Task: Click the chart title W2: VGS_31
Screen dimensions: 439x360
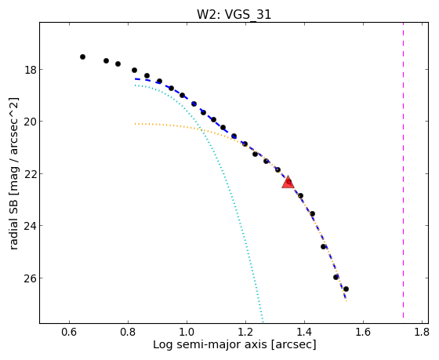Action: pos(234,14)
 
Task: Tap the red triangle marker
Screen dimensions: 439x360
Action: pos(288,182)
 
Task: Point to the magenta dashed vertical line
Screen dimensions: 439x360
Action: pos(403,170)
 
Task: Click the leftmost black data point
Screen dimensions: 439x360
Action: pos(82,57)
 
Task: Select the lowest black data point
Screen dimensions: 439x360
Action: pos(346,289)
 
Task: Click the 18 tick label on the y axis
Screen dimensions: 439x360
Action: pos(31,70)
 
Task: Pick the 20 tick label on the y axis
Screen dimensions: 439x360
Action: pos(31,122)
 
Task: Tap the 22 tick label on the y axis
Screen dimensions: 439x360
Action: pos(31,174)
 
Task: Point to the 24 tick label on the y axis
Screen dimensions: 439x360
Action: pos(31,226)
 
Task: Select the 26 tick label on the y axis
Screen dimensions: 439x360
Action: pos(31,278)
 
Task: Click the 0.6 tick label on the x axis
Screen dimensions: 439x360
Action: pos(69,333)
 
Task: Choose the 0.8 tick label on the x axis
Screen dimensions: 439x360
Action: pos(128,333)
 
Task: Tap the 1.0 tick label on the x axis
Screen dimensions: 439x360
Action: pos(187,333)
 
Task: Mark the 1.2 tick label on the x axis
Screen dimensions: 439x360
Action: pos(245,333)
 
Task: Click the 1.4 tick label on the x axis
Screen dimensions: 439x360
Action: pos(304,333)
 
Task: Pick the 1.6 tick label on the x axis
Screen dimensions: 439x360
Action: pos(363,333)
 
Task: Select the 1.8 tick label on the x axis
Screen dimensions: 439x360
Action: pos(422,333)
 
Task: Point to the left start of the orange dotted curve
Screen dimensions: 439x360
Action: pos(135,124)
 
